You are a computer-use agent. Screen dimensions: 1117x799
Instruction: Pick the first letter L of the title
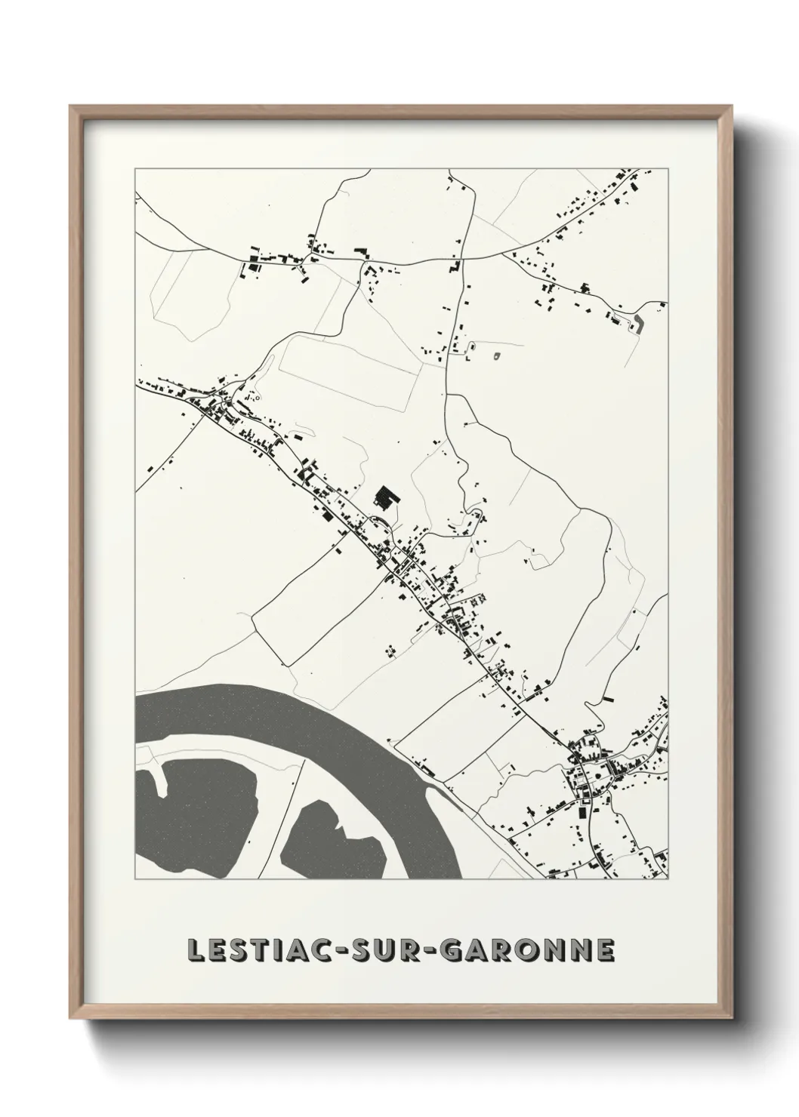coord(193,951)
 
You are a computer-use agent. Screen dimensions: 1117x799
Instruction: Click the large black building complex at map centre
coord(386,498)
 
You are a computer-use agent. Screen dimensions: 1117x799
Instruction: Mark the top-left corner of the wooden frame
coord(71,106)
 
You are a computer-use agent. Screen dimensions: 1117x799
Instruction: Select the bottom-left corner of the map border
coord(135,879)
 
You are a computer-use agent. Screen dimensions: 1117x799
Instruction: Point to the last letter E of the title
coord(606,951)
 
